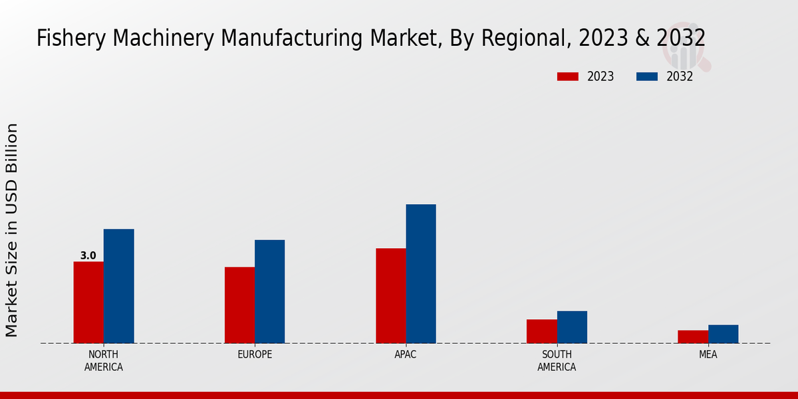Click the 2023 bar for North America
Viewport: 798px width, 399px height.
tap(88, 303)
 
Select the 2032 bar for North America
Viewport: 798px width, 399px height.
tap(118, 286)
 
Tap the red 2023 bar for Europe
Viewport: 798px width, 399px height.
tap(239, 305)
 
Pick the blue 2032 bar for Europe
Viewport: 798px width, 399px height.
tap(269, 291)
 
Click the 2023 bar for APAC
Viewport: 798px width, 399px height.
tap(390, 296)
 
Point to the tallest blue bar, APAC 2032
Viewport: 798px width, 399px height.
tap(421, 274)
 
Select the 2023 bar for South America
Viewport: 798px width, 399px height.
tap(541, 331)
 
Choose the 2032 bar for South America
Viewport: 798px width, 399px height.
tap(572, 327)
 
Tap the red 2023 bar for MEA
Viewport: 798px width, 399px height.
tap(692, 336)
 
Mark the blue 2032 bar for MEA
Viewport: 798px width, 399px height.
tap(723, 334)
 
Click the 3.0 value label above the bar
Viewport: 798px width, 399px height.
tap(88, 255)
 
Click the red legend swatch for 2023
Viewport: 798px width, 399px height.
tap(568, 76)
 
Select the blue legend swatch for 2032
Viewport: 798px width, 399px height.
tap(647, 76)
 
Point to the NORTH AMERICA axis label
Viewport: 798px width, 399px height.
tap(104, 360)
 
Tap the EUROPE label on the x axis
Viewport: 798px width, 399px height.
tap(255, 354)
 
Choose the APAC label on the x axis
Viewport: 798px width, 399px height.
tap(406, 354)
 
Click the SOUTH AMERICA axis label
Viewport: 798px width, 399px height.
tap(557, 360)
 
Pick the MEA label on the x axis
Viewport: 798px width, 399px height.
tap(708, 354)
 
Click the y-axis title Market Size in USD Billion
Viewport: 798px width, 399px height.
tap(12, 229)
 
